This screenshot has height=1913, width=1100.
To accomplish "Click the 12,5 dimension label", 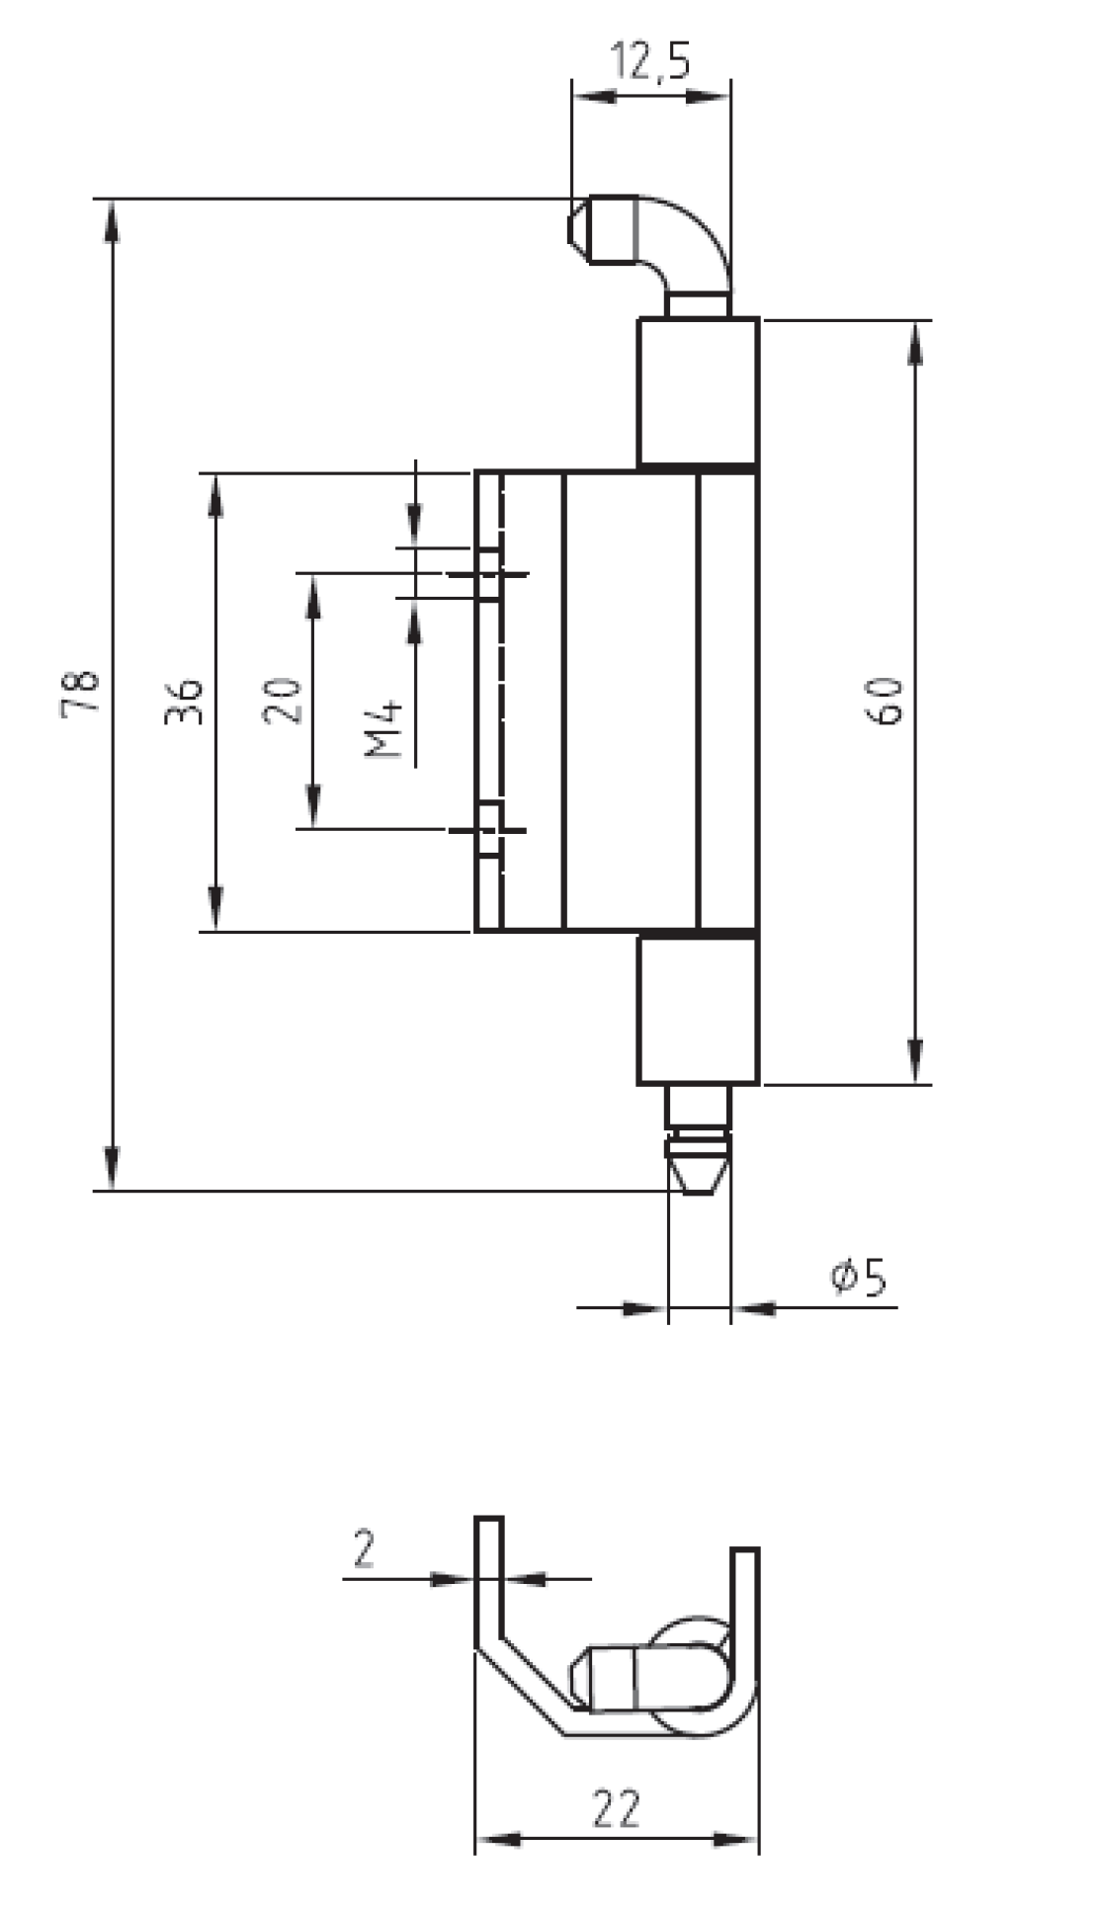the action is click(651, 61).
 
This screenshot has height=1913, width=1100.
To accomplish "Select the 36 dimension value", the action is click(184, 701).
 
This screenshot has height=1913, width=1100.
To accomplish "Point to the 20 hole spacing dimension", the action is click(284, 701).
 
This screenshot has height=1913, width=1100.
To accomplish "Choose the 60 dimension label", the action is click(886, 701).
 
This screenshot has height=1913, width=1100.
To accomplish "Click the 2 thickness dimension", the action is click(364, 1548).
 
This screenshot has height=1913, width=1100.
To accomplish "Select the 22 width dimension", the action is click(617, 1808).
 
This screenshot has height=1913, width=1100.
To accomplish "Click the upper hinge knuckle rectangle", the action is click(698, 391).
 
